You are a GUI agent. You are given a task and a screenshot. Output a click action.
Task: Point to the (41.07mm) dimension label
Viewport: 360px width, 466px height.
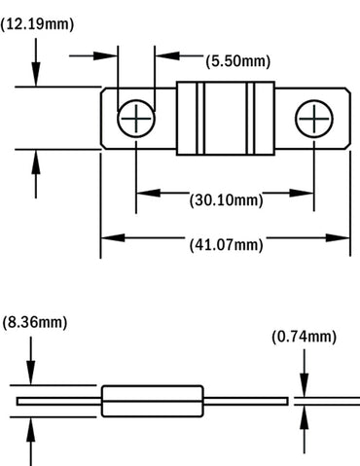(x=225, y=245)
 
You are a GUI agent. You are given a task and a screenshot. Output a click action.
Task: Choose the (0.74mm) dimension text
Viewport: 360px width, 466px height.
(x=304, y=338)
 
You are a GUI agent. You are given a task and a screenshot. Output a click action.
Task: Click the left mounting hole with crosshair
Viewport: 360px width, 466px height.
(x=135, y=121)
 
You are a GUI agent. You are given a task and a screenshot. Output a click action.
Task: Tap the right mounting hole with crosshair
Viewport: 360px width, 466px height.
(x=315, y=121)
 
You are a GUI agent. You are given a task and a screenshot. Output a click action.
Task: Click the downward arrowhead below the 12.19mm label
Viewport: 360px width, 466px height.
(x=37, y=80)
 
